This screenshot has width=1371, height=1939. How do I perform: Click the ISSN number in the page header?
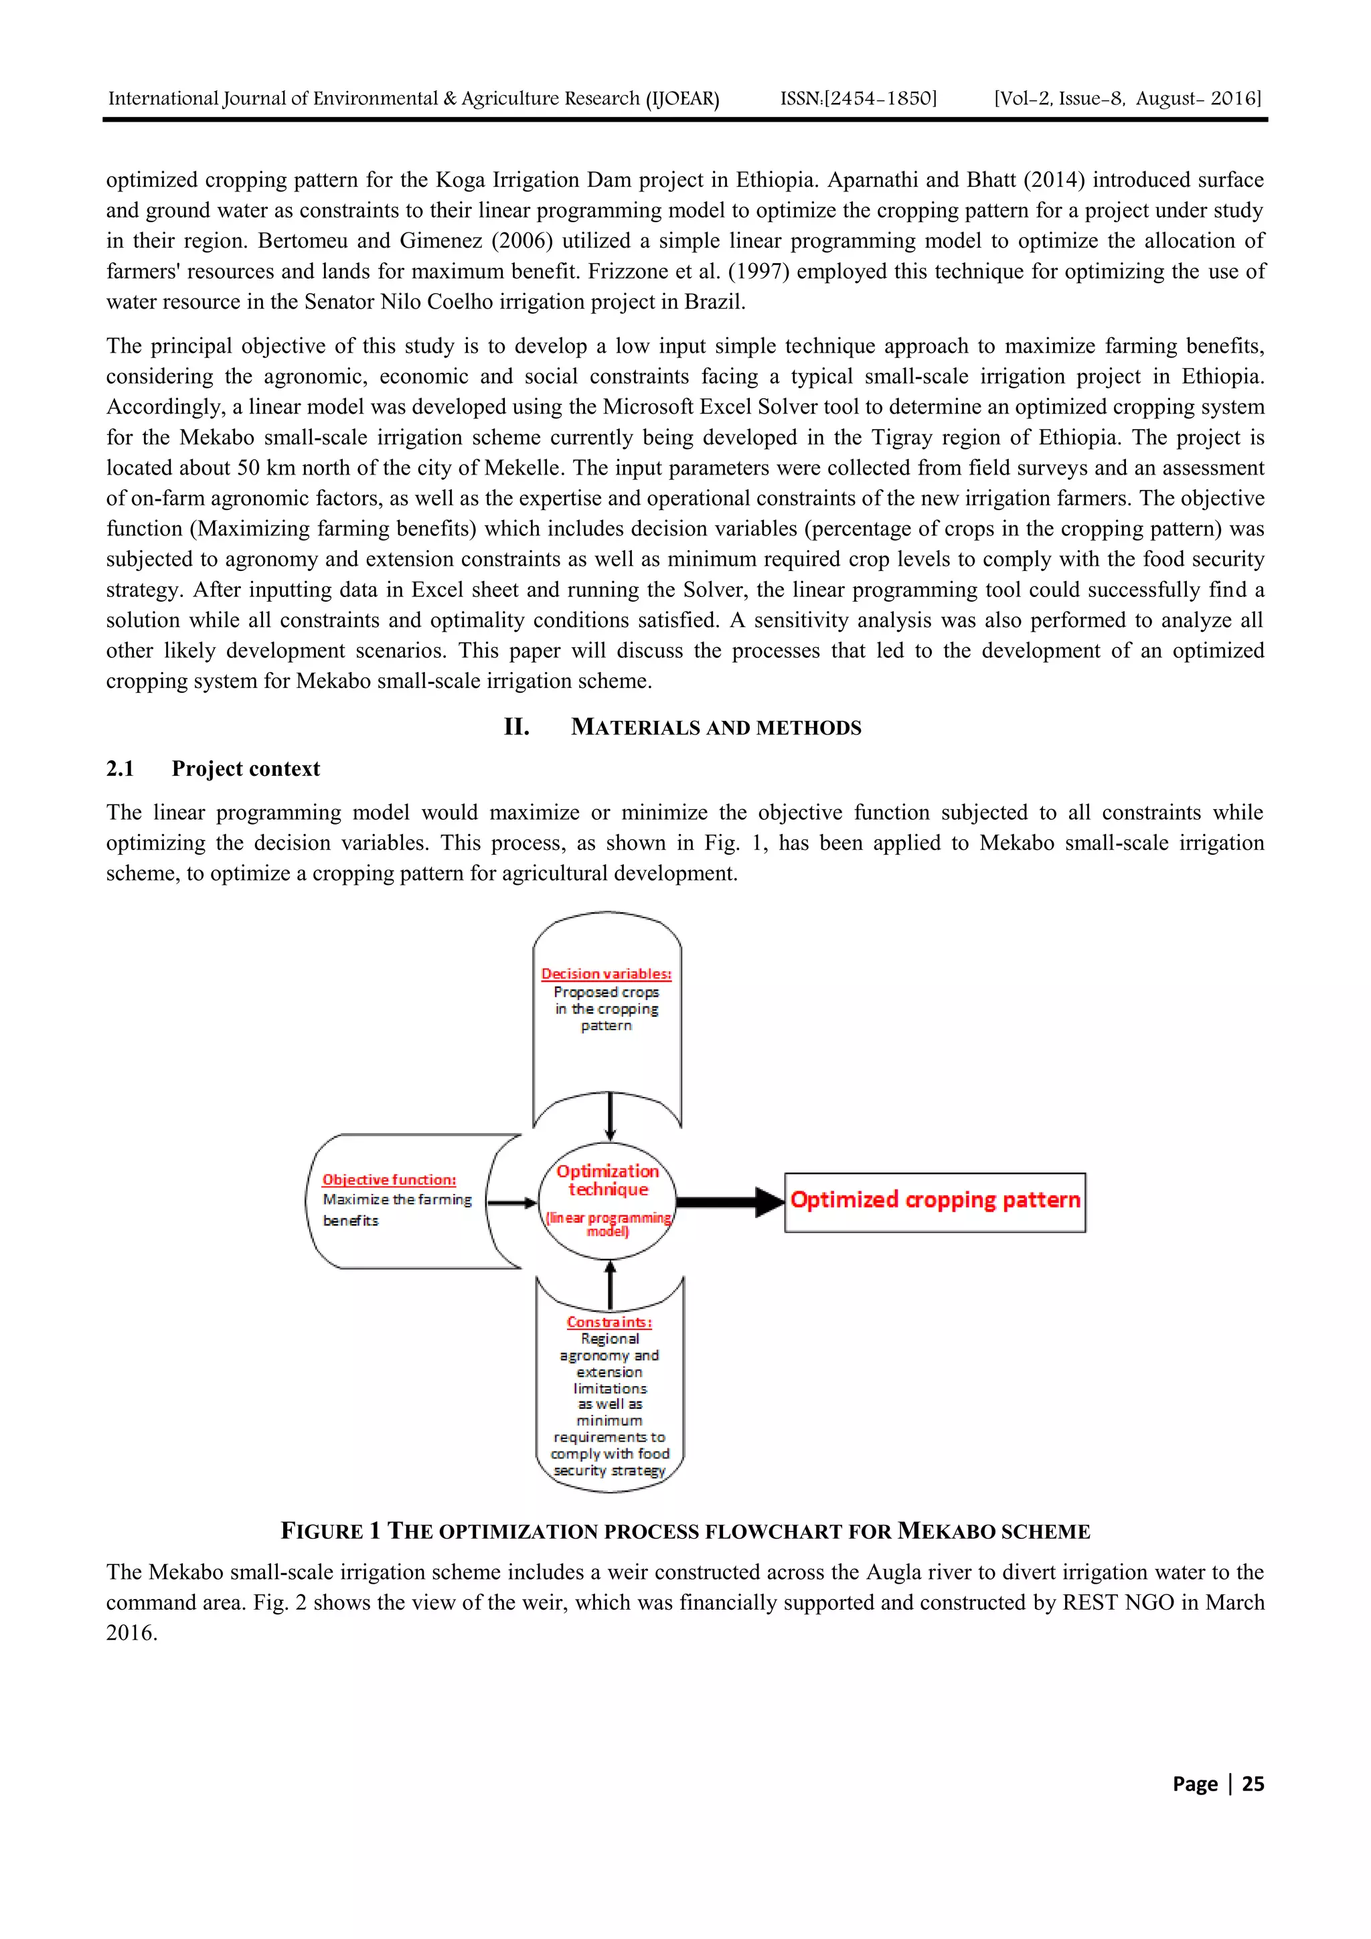tap(858, 99)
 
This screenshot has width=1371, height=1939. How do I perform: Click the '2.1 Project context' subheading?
tap(213, 768)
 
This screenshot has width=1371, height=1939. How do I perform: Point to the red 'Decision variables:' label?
tap(607, 974)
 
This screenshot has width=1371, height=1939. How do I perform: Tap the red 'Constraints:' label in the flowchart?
tap(609, 1322)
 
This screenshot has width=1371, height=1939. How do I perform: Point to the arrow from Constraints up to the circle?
tap(610, 1284)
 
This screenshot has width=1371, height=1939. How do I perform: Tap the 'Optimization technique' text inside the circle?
tap(607, 1181)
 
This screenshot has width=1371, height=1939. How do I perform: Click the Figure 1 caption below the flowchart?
tap(685, 1531)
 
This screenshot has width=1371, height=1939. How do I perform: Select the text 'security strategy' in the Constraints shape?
tap(609, 1470)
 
